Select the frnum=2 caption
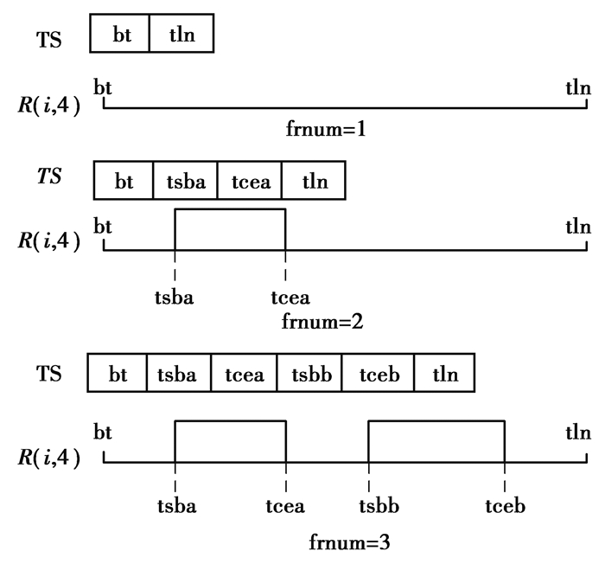325,322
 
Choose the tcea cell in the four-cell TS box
249,182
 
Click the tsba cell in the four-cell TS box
185,182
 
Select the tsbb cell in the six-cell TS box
309,375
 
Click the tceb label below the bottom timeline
505,506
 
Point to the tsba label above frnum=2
175,299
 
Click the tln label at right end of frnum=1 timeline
578,87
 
